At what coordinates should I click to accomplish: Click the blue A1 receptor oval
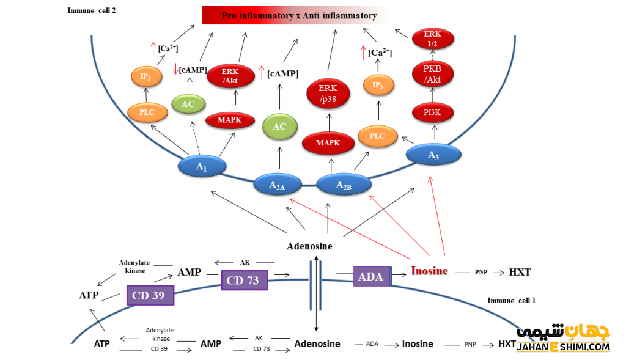[202, 166]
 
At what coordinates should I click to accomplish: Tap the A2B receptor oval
[344, 184]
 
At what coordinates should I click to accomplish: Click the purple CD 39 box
[150, 295]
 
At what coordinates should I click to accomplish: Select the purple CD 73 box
[244, 281]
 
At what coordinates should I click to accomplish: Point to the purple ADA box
[372, 276]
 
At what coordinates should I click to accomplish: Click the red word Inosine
[429, 271]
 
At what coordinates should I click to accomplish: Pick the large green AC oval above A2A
[279, 127]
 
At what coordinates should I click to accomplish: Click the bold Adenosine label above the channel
[309, 246]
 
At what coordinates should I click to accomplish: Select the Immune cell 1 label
[511, 301]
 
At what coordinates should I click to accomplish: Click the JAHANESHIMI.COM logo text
[563, 347]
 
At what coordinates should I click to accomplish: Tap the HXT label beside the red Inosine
[520, 271]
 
